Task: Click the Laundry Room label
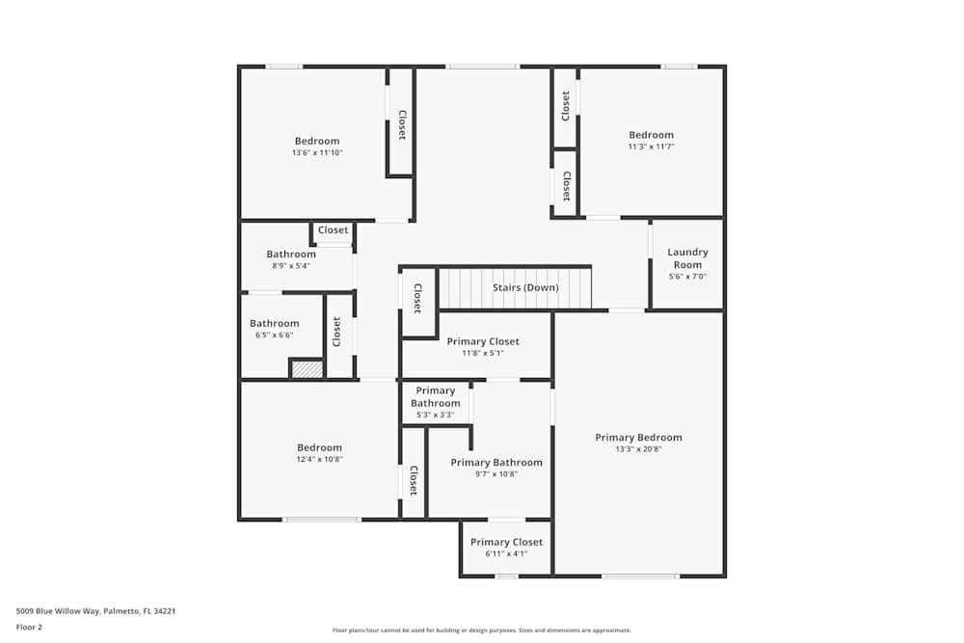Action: pos(687,258)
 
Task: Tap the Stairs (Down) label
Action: pos(525,287)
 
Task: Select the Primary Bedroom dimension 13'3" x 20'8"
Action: pos(638,449)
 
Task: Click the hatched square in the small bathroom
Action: pos(307,368)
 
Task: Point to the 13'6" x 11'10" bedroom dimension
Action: pos(317,153)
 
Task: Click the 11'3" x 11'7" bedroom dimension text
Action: pos(651,147)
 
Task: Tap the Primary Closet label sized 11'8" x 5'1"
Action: pos(482,341)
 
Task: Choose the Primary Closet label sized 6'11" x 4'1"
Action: pos(506,542)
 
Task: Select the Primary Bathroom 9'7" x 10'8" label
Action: pos(496,463)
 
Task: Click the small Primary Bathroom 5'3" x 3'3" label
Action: pos(435,397)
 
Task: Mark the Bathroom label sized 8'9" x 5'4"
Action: pos(291,255)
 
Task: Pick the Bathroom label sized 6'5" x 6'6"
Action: pos(274,324)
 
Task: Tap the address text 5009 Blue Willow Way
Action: pos(95,610)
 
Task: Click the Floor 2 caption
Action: pos(29,627)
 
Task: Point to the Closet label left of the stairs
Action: pos(417,298)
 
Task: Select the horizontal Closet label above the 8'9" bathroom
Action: pos(333,230)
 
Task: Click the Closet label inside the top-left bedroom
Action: pos(402,124)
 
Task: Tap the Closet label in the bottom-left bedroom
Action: pos(414,480)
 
